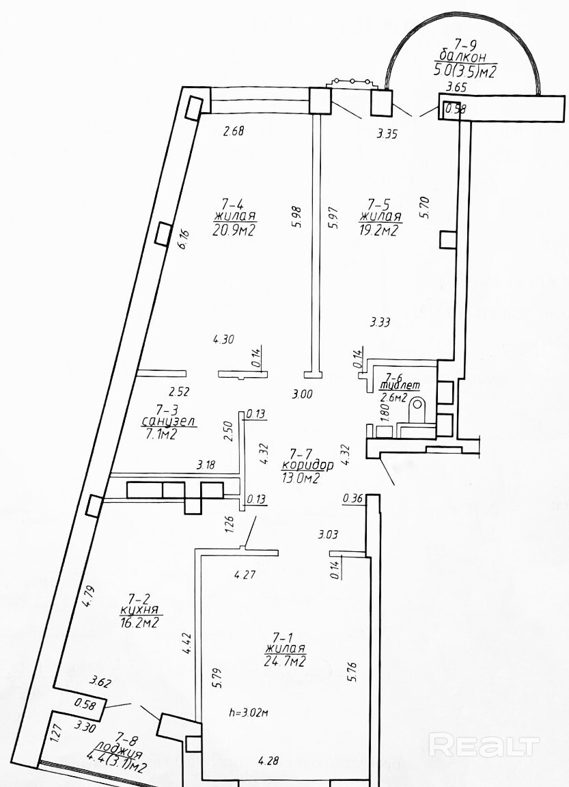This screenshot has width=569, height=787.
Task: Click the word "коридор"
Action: (x=307, y=466)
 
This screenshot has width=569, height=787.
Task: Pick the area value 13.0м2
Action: (x=301, y=479)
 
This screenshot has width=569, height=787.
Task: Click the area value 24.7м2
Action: (x=285, y=661)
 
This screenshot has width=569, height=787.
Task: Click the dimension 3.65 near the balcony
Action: (x=456, y=87)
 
